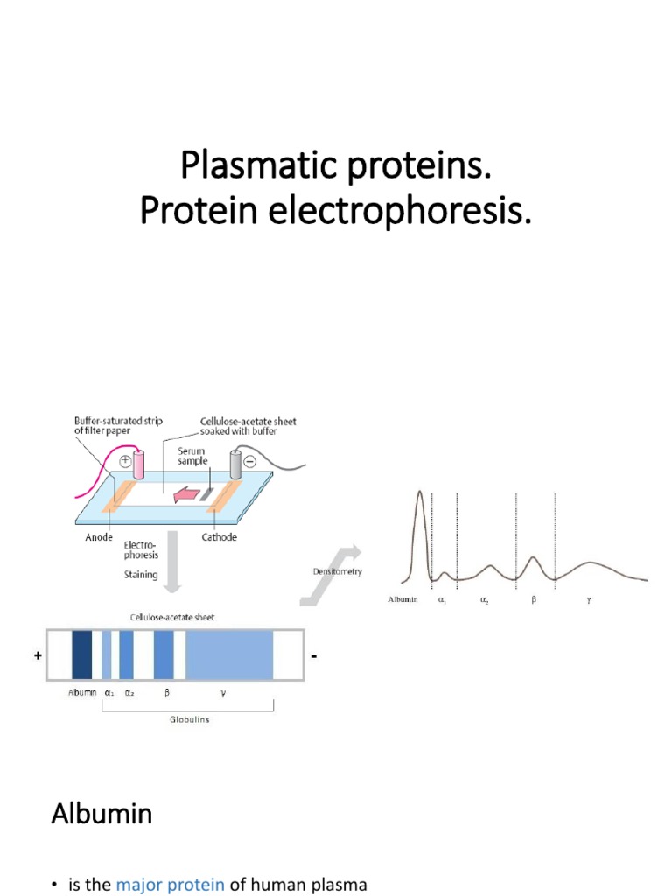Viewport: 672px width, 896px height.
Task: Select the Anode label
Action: coord(99,538)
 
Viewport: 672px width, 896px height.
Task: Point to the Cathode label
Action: coord(219,538)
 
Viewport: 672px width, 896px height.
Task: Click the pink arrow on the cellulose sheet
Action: coord(185,495)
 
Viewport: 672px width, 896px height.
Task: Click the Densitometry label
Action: coord(337,571)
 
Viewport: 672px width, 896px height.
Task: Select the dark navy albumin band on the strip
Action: coord(81,654)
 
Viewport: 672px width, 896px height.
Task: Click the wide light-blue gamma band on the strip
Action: coord(229,654)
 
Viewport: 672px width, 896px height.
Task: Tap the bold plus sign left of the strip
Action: coord(39,654)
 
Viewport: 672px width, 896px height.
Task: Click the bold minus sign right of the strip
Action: coord(312,654)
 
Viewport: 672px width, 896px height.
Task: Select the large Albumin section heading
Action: coord(101,814)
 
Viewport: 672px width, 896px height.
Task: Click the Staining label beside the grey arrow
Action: coord(141,575)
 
